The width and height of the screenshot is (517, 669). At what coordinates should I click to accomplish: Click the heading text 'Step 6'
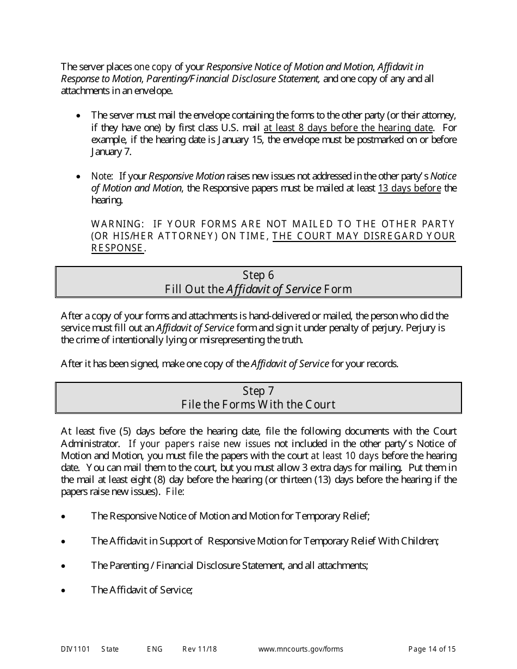[258, 275]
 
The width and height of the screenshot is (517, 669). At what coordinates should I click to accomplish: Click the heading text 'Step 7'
[258, 391]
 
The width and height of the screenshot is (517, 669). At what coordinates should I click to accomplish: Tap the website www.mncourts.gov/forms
[300, 649]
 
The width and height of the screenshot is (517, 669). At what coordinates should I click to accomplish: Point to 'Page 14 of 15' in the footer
[432, 649]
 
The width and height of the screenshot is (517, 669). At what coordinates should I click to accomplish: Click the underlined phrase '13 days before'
[409, 188]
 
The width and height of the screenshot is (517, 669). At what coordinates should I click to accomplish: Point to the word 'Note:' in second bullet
[102, 176]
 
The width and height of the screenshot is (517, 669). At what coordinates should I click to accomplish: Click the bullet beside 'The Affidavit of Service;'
[64, 590]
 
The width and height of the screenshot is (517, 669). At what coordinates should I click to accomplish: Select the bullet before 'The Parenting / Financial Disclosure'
[64, 566]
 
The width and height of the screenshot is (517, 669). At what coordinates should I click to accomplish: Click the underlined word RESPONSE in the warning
[117, 248]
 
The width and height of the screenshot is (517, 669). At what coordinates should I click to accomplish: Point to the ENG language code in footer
[155, 649]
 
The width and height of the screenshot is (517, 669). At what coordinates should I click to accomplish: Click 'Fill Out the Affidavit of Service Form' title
[258, 289]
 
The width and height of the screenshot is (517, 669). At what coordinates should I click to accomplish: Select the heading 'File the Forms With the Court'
[258, 405]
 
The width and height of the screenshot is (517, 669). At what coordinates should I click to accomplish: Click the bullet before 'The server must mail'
[79, 116]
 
